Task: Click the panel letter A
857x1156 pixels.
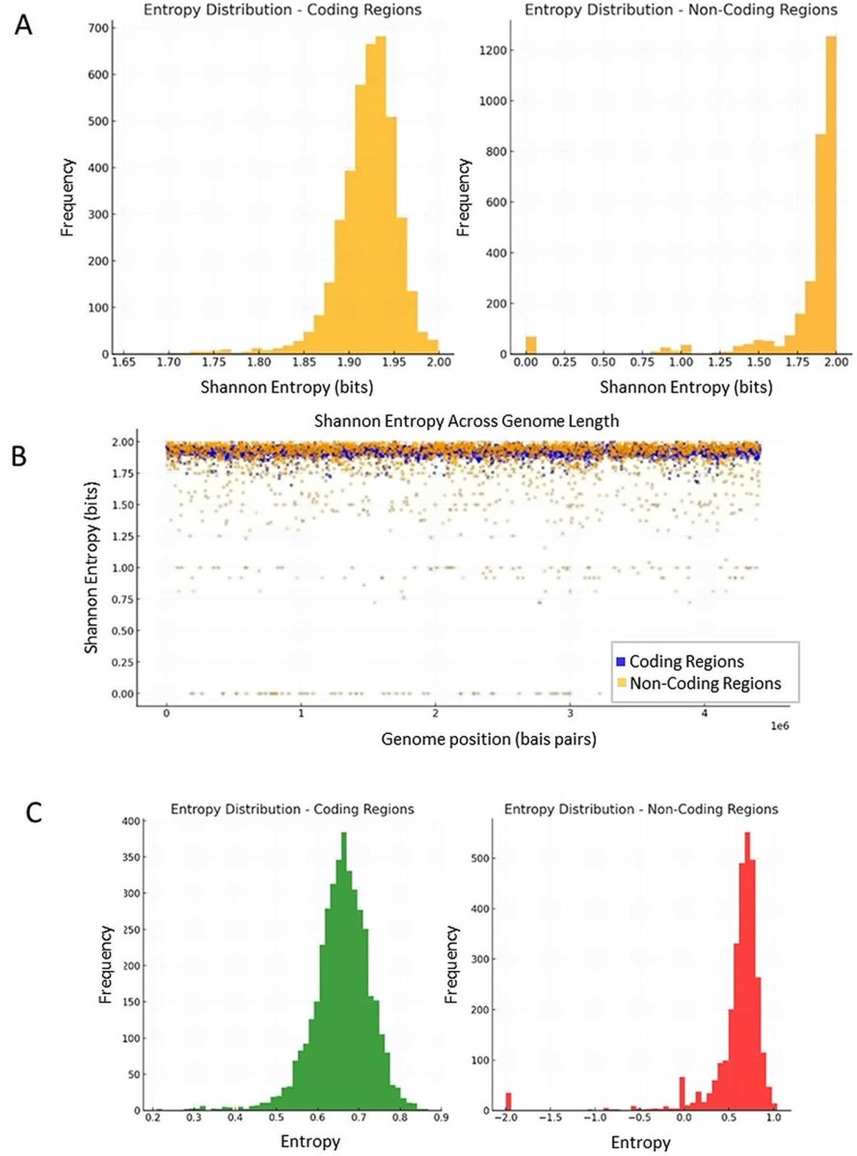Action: [x=24, y=26]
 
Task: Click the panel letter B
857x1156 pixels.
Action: [x=19, y=456]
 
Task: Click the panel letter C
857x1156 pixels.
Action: [x=34, y=813]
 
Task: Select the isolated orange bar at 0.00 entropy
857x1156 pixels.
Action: [x=531, y=345]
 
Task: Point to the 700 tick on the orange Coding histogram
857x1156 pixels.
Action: [x=99, y=28]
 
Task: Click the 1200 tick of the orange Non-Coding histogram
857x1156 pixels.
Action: [x=493, y=50]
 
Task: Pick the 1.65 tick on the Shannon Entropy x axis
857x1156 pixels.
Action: [x=123, y=362]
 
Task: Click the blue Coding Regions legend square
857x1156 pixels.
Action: [x=621, y=661]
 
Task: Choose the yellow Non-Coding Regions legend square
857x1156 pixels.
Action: [x=621, y=683]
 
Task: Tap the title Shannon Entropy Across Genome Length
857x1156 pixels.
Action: [x=466, y=421]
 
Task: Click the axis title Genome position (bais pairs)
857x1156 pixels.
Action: [x=488, y=738]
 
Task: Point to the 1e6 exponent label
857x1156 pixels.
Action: [x=779, y=726]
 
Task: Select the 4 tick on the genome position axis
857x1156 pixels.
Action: [x=705, y=713]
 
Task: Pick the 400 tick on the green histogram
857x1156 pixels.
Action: [x=131, y=821]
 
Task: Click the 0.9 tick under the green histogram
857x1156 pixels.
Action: [x=441, y=1117]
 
